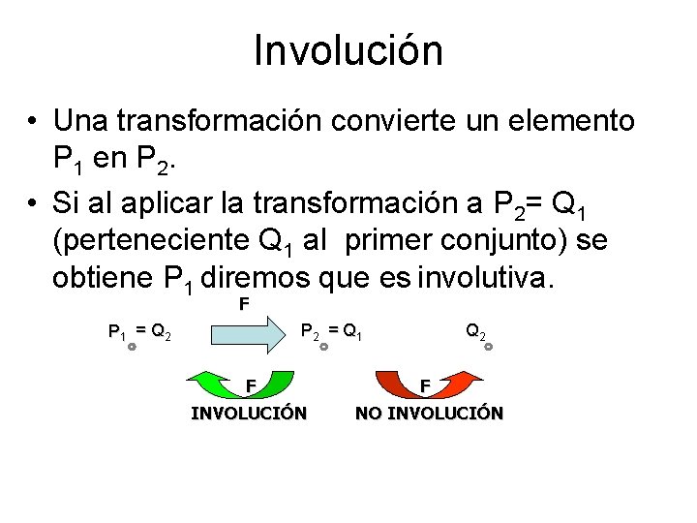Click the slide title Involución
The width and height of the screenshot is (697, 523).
pyautogui.click(x=348, y=50)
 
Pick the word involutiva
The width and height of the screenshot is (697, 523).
pyautogui.click(x=486, y=279)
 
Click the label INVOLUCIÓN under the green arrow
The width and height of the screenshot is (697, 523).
pyautogui.click(x=249, y=414)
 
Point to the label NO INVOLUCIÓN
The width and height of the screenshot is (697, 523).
pyautogui.click(x=429, y=414)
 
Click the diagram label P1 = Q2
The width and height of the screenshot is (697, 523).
pyautogui.click(x=139, y=333)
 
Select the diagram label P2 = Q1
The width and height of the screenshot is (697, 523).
pyautogui.click(x=331, y=332)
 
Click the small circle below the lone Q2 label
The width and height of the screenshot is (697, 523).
pyautogui.click(x=488, y=345)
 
